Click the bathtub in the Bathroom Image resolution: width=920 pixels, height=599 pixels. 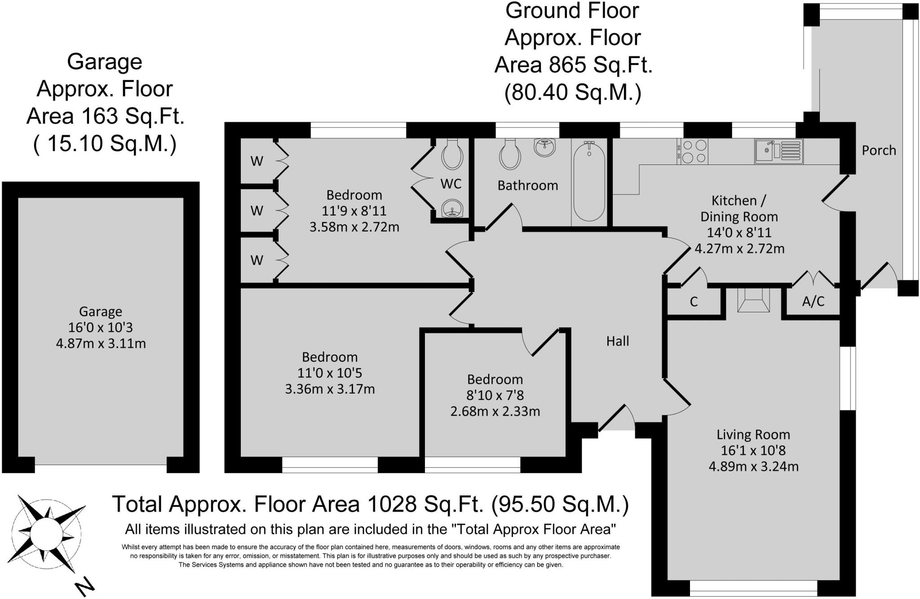coord(589,182)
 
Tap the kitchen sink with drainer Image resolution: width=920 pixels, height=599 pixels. coord(778,151)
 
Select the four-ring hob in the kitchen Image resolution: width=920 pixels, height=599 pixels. coord(694,151)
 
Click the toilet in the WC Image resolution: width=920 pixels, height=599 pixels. coord(452,153)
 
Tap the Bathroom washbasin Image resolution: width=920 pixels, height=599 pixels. coord(545,147)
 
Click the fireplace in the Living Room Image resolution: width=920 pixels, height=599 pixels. coord(754,300)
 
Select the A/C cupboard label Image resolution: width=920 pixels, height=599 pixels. coord(813,301)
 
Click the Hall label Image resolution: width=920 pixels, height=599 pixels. coord(618,342)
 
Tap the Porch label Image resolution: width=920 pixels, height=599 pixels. coord(879,151)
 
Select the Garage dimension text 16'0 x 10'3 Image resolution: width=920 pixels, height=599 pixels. coord(100,328)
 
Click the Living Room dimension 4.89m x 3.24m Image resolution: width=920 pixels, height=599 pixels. coord(753,466)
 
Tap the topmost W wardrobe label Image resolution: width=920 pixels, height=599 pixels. coord(257,161)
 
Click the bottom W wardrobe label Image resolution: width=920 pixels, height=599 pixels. coord(257,260)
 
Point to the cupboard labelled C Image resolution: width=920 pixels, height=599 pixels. coord(694,302)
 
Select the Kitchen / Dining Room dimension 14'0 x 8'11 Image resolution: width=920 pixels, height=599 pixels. coord(739,233)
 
